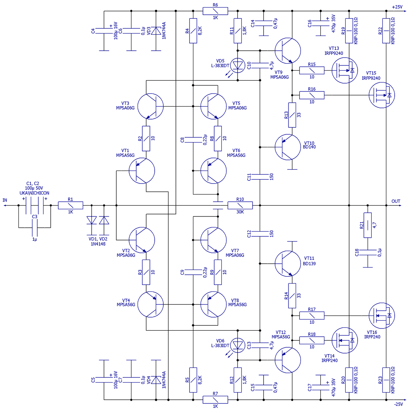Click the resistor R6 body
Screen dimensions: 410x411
pos(215,11)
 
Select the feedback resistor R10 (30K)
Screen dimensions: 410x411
pos(240,205)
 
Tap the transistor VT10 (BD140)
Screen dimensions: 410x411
pos(287,147)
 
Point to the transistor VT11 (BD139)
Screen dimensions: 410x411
pos(287,264)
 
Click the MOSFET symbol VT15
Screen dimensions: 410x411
pos(382,95)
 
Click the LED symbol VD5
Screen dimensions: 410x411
pos(238,65)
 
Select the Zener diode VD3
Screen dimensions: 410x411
pos(156,31)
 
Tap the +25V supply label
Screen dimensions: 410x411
pos(397,7)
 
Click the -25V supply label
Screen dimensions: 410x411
pos(398,404)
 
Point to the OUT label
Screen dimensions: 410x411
pos(396,201)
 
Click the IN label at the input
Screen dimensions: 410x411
pos(5,200)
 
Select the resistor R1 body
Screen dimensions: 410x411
pos(71,205)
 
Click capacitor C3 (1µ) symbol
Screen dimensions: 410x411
pos(35,227)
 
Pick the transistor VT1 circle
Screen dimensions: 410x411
pos(142,171)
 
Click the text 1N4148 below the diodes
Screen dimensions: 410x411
pos(98,244)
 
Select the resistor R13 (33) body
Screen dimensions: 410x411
pos(292,115)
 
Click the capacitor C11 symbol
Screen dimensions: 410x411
pos(260,177)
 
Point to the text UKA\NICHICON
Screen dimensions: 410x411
pos(34,193)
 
